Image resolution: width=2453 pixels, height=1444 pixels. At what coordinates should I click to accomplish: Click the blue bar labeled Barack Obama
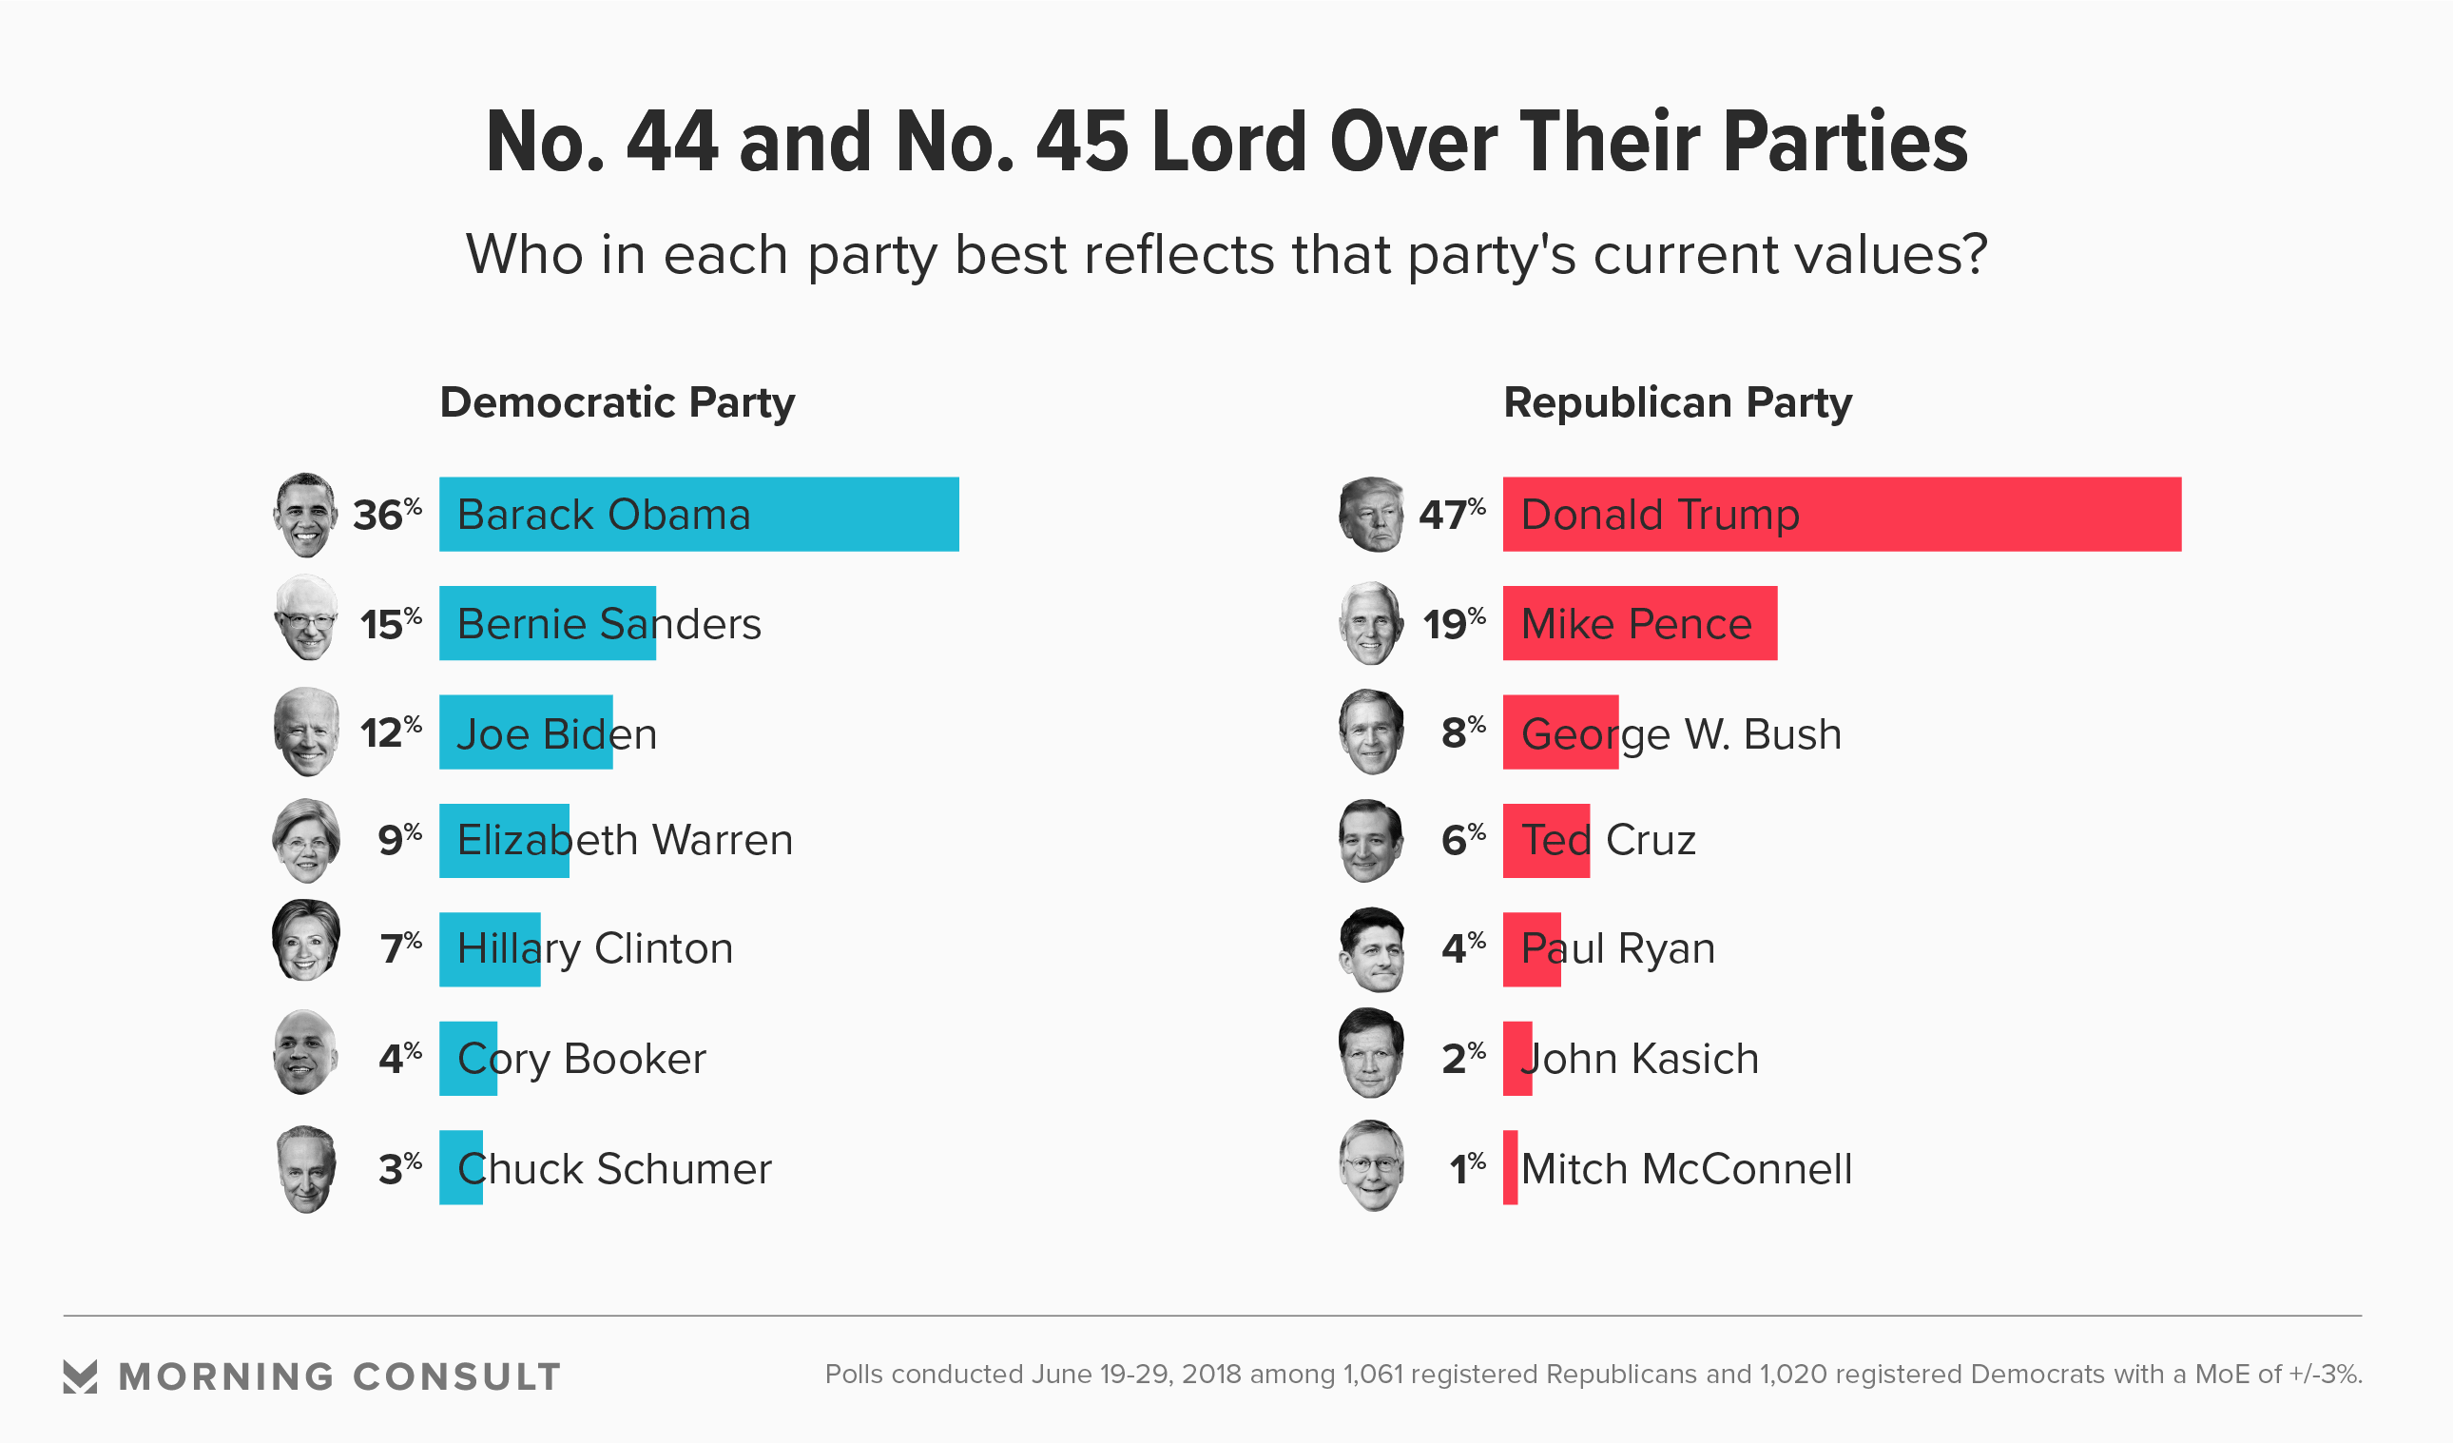[x=699, y=514]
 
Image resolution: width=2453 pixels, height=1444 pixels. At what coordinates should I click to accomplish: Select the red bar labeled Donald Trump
[x=1842, y=514]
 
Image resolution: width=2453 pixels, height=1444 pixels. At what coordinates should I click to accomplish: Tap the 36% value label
[x=386, y=514]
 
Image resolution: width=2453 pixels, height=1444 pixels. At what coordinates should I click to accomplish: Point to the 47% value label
[x=1451, y=514]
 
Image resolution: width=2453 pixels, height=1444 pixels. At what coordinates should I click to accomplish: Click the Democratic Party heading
[x=617, y=402]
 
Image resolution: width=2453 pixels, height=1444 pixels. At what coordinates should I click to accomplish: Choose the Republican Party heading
[x=1677, y=402]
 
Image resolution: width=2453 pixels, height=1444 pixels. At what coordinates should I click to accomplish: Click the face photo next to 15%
[x=306, y=618]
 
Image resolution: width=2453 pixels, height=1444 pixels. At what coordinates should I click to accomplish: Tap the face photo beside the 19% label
[x=1371, y=623]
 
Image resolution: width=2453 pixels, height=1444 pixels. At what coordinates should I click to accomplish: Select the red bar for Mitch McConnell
[x=1510, y=1167]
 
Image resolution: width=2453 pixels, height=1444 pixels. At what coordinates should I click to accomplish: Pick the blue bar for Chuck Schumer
[x=460, y=1167]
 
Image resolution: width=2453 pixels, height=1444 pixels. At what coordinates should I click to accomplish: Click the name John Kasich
[x=1641, y=1059]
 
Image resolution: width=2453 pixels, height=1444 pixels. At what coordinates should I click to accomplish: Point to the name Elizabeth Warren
[x=625, y=840]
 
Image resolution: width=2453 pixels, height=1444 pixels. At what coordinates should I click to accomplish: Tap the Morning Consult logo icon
[x=80, y=1376]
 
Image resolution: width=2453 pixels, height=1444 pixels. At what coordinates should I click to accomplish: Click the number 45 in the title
[x=1081, y=143]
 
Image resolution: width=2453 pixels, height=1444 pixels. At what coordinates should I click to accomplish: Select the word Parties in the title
[x=1845, y=143]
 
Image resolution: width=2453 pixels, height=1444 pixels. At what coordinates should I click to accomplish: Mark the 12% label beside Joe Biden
[x=391, y=732]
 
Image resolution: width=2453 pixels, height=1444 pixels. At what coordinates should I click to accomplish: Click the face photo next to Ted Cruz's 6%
[x=1371, y=840]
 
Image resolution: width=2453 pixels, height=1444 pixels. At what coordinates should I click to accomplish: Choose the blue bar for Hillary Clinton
[x=490, y=949]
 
